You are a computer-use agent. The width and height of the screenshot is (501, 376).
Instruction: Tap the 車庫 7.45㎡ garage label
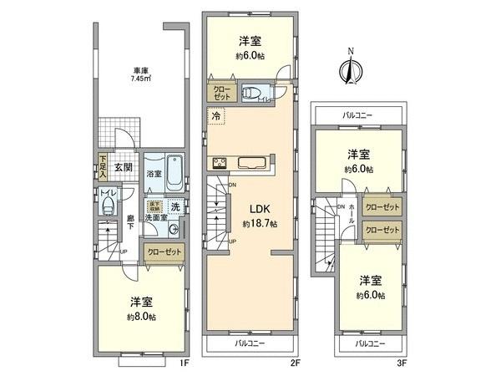pyautogui.click(x=140, y=74)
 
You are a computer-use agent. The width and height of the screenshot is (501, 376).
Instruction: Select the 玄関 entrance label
pyautogui.click(x=123, y=166)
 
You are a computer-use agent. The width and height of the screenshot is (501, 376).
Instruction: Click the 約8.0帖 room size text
pyautogui.click(x=140, y=317)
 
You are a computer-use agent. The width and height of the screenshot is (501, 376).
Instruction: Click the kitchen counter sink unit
pyautogui.click(x=250, y=163)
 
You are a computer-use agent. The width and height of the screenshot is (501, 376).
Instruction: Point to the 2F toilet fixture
pyautogui.click(x=254, y=93)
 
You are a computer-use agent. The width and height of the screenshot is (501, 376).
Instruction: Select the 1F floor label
pyautogui.click(x=185, y=363)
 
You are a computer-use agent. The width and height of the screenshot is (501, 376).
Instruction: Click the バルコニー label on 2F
pyautogui.click(x=250, y=343)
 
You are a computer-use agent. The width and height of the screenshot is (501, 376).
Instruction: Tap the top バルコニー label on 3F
pyautogui.click(x=357, y=114)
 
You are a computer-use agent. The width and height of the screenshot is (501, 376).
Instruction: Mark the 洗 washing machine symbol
pyautogui.click(x=175, y=206)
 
